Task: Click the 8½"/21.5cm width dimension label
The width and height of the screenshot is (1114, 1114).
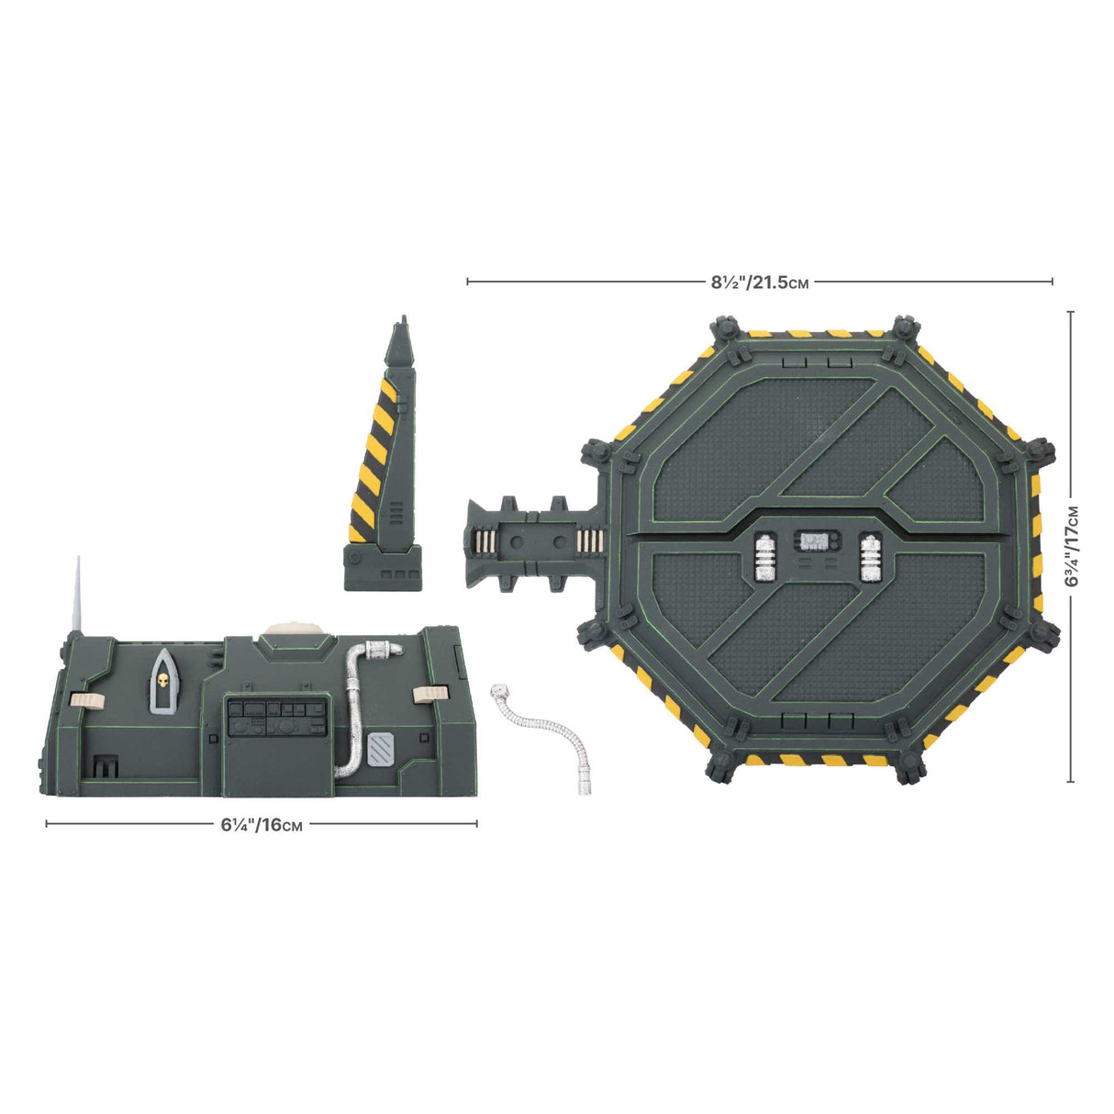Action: point(760,283)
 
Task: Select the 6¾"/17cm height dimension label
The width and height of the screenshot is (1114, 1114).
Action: point(1071,547)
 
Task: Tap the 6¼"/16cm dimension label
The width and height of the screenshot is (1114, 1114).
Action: point(262,824)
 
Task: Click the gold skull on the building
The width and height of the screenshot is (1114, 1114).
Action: point(163,682)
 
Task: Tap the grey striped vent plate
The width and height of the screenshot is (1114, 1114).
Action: point(380,750)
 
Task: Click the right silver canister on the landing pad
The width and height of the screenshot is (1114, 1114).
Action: point(869,556)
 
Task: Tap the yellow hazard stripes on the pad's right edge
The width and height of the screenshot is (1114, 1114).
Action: point(1037,547)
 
